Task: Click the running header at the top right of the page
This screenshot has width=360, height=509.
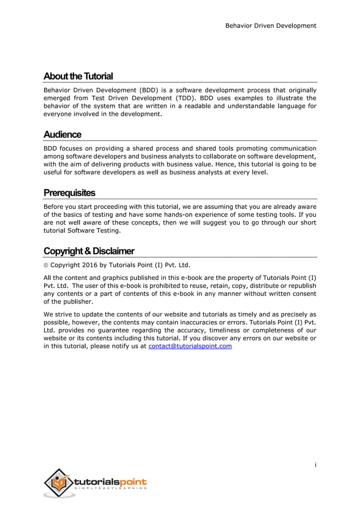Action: (x=270, y=25)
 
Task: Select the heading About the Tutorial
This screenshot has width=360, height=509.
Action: (x=78, y=76)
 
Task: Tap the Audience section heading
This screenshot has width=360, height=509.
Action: (x=63, y=134)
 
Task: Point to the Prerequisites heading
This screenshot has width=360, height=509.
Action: (x=69, y=193)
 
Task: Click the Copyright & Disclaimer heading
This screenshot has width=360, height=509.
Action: (x=89, y=251)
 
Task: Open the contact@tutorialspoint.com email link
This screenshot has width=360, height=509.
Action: (x=190, y=346)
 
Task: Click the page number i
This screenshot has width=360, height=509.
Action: (x=315, y=465)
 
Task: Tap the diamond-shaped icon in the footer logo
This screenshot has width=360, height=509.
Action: (x=58, y=483)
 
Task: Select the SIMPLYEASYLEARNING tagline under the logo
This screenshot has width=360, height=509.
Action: (x=111, y=489)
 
